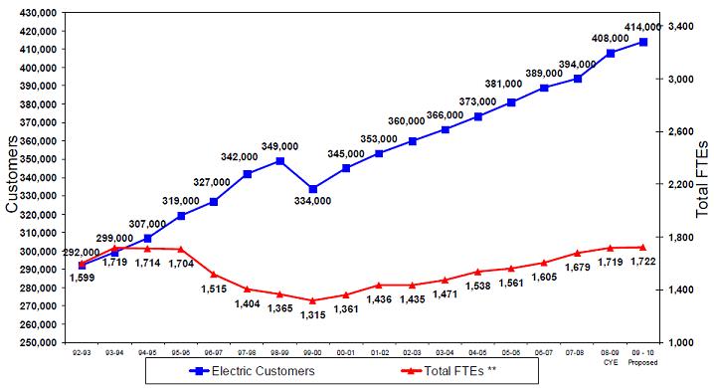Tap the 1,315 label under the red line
click(x=313, y=314)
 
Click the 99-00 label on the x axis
click(x=313, y=351)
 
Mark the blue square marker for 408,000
click(x=611, y=53)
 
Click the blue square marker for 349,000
click(x=280, y=160)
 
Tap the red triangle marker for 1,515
click(x=214, y=275)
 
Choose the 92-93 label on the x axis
click(x=82, y=351)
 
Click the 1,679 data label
click(x=578, y=267)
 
